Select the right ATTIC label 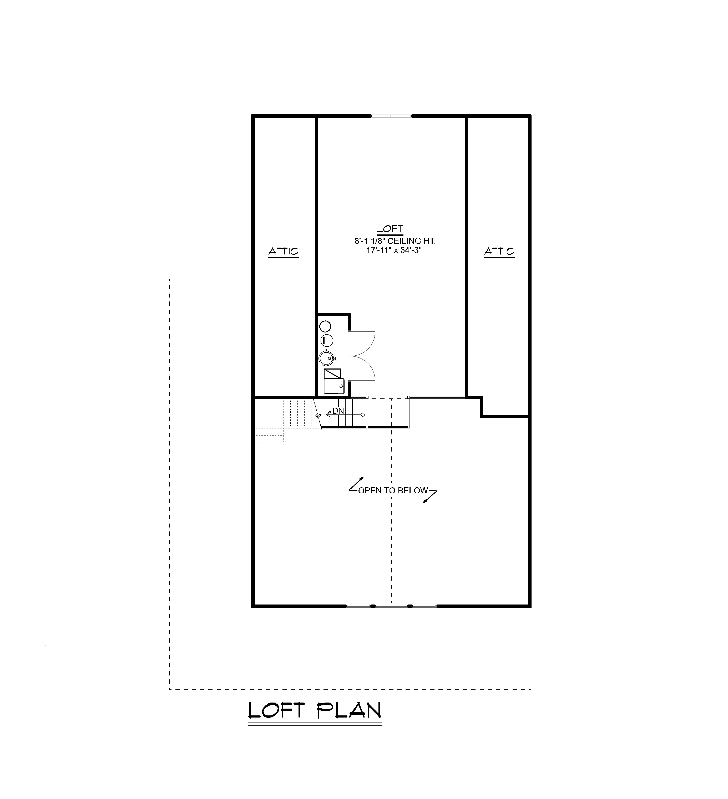499,251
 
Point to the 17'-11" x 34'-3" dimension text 393,250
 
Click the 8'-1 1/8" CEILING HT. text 395,240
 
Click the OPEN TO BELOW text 393,491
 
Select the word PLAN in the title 349,711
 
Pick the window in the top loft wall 391,116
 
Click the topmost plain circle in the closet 325,326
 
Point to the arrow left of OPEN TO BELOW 356,484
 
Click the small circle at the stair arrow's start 362,414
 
